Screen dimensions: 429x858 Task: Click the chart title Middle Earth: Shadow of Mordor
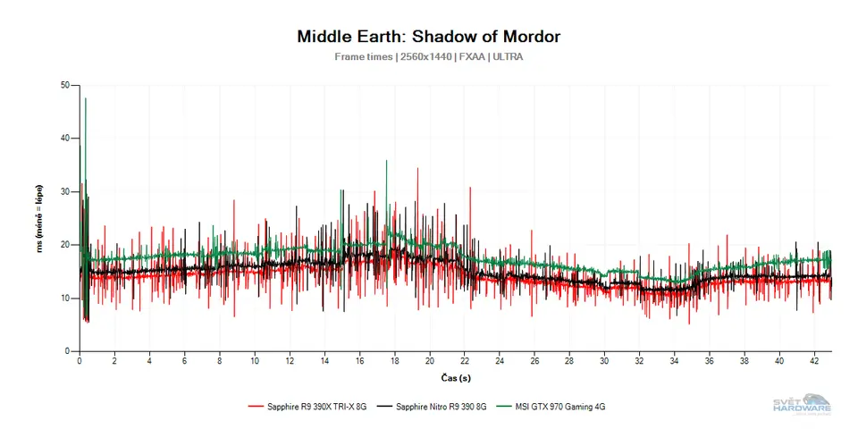pos(428,37)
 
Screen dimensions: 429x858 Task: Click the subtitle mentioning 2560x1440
pos(428,56)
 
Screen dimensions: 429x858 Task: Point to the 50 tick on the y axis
pos(65,86)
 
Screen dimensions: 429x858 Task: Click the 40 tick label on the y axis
pos(65,139)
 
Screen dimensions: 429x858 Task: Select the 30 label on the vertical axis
pos(65,192)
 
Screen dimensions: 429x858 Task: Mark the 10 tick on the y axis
pos(65,299)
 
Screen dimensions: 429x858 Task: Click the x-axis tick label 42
pos(814,361)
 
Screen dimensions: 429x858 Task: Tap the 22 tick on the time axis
pos(465,361)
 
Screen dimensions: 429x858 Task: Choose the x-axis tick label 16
pos(359,361)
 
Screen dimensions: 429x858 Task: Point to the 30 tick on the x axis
pos(604,361)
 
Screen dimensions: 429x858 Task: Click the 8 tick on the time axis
pos(220,361)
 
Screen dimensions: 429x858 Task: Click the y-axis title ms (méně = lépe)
pos(40,219)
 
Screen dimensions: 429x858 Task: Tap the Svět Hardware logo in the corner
pos(802,403)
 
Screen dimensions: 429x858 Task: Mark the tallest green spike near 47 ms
pos(86,99)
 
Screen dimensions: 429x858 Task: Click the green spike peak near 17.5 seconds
pos(386,161)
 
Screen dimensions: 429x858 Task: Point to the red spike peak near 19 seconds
pos(416,169)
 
